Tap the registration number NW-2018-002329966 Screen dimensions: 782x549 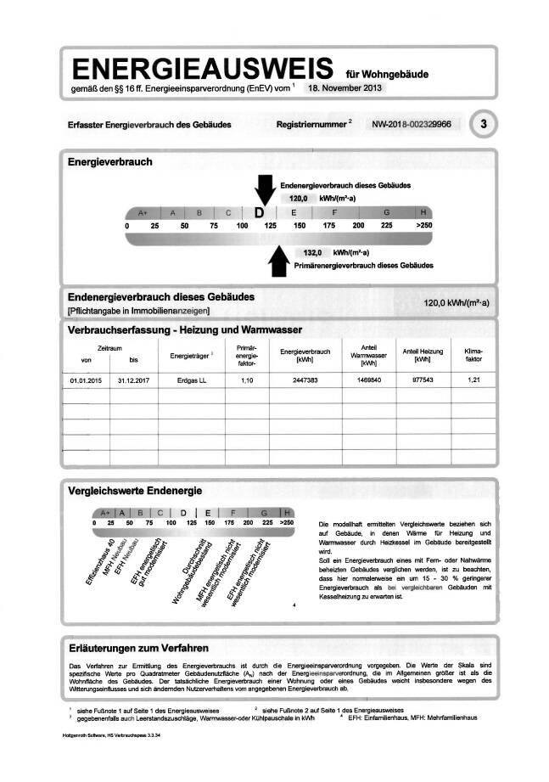tap(411, 124)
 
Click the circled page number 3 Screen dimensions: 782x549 tap(484, 124)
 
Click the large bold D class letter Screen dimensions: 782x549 tap(260, 212)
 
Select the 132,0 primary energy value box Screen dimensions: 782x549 tap(314, 252)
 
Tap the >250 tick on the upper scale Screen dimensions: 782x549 tap(423, 225)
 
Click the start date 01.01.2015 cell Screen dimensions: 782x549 tap(87, 380)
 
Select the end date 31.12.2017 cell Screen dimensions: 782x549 tap(133, 380)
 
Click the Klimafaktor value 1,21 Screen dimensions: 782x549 tap(473, 380)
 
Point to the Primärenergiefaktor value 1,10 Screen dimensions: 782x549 tap(247, 380)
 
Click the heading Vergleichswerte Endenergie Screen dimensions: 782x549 tap(136, 491)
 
